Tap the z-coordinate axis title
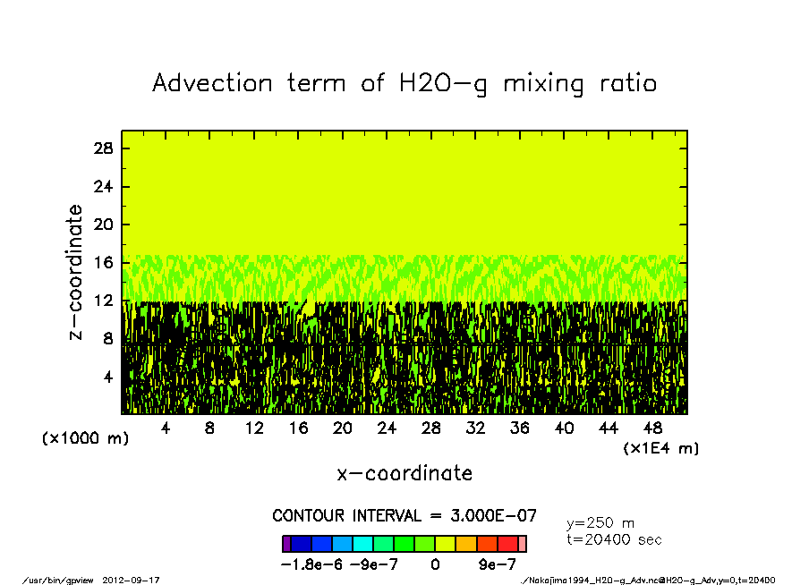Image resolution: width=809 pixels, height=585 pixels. coord(75,272)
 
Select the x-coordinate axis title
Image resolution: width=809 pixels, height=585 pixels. coord(404,473)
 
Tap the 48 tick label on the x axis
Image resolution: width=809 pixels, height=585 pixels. coord(652,428)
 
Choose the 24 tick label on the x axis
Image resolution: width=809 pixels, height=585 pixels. coord(387,428)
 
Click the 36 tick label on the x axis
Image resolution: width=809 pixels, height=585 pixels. coord(519,428)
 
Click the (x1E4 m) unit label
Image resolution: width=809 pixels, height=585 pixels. coord(660,447)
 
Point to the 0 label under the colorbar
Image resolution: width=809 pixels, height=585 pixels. coord(435,564)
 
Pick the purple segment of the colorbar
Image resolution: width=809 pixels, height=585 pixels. coord(286,543)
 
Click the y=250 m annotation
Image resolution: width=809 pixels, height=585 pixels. coord(600,523)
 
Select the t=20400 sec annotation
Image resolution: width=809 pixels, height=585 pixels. coord(615,539)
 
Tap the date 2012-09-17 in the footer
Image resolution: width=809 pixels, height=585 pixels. coord(138,580)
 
